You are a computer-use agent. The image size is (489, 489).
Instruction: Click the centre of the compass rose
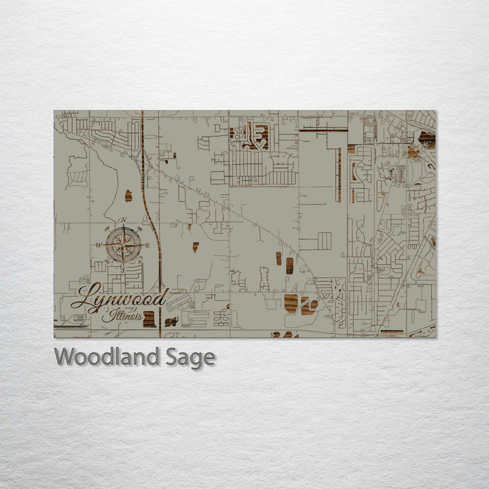point(123,244)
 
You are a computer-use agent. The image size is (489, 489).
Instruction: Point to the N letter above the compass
point(123,220)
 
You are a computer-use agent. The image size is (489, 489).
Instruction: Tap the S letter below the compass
point(123,268)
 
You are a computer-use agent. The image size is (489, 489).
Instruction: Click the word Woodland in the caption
point(107,357)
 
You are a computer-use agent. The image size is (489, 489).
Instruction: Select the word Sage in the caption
point(190,357)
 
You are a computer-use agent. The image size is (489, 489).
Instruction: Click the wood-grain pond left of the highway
point(128,196)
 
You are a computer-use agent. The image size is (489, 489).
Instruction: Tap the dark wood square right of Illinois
point(149,319)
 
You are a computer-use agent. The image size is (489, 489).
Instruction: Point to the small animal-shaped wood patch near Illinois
point(171,321)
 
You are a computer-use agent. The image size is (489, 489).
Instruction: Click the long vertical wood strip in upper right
point(338,175)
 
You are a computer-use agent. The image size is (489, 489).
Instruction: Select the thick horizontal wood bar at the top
point(323,129)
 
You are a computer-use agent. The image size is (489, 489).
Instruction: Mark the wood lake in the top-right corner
point(427,139)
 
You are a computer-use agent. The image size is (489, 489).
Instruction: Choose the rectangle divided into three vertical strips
point(324,241)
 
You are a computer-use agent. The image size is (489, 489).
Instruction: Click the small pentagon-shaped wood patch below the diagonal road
point(195,247)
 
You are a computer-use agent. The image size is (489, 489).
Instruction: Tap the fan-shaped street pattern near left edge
point(79,179)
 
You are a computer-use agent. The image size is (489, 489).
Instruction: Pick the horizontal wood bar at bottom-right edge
point(392,332)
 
